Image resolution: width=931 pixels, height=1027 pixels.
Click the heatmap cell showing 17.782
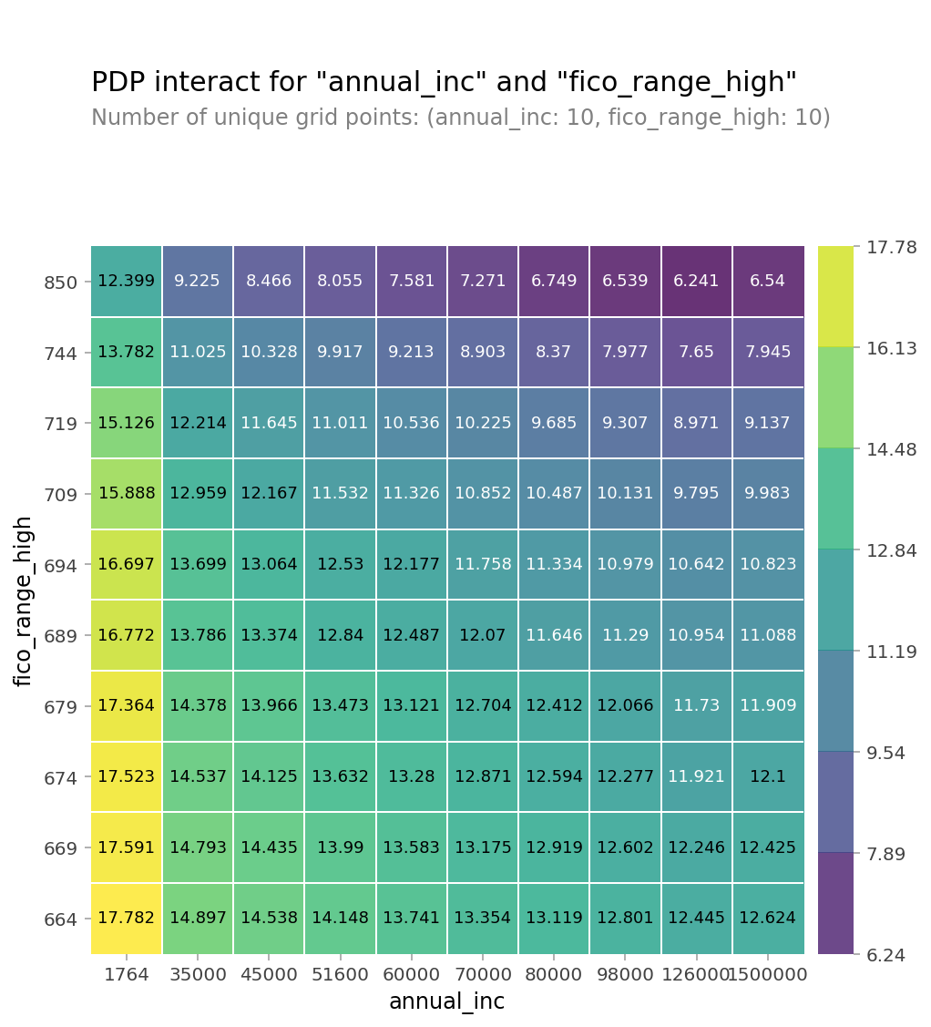tap(127, 918)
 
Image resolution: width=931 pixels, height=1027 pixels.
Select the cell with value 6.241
tap(697, 281)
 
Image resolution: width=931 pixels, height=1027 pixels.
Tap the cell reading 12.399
tap(127, 281)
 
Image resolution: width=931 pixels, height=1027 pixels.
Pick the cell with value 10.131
tap(625, 493)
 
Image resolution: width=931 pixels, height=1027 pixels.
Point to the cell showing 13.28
tap(412, 776)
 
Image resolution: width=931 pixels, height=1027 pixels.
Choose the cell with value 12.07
tap(483, 635)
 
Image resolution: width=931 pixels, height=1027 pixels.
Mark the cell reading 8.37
tap(554, 352)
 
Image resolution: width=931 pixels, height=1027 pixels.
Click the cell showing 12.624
tap(768, 918)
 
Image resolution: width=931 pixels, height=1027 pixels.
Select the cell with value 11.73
tap(697, 705)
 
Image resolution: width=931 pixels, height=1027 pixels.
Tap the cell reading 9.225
tap(198, 281)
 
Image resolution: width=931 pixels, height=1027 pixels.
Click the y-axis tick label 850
tap(61, 282)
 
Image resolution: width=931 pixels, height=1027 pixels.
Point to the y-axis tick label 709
tap(61, 495)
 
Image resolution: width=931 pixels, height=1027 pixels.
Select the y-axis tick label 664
tap(61, 919)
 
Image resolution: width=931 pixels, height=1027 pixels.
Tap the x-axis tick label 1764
tap(127, 975)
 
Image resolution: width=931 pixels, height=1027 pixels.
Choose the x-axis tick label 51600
tap(340, 975)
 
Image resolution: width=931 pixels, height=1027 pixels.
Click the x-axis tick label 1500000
tap(768, 975)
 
